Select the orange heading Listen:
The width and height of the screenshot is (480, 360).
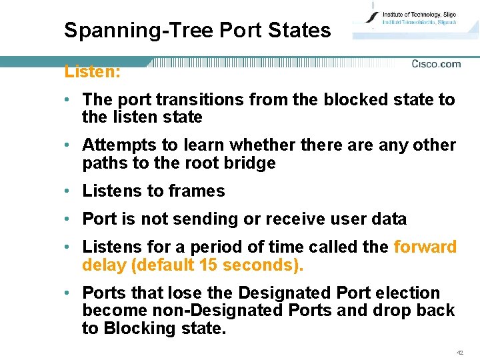(92, 71)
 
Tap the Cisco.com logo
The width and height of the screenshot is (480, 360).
(436, 64)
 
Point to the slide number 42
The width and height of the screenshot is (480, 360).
(459, 352)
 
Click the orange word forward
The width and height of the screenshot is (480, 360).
(425, 247)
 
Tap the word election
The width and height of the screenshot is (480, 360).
(409, 293)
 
